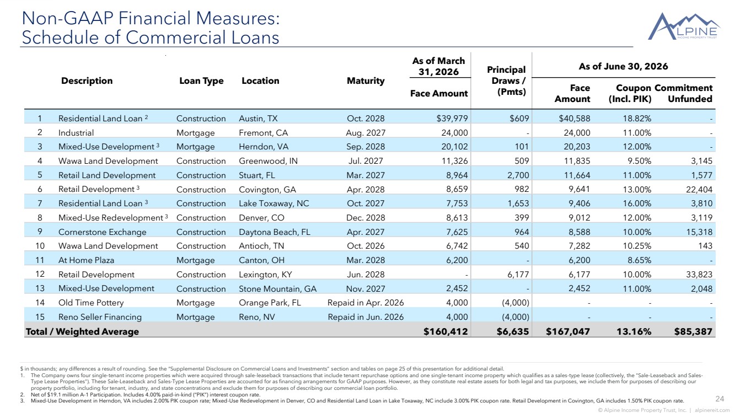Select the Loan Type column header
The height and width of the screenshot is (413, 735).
point(201,81)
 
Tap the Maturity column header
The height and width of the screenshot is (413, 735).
point(366,81)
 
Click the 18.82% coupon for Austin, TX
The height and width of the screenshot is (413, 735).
point(637,119)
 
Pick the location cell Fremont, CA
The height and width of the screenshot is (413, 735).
point(263,133)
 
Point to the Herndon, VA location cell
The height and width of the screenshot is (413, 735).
point(264,147)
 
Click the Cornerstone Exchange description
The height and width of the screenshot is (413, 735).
point(103,232)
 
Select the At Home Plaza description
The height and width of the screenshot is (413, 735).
point(87,260)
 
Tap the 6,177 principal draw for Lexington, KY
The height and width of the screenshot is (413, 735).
point(518,274)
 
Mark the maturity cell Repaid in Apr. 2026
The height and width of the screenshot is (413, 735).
point(366,303)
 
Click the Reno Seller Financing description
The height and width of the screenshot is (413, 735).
point(100,317)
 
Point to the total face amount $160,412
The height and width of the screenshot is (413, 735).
point(446,331)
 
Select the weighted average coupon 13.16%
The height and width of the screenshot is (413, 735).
point(634,331)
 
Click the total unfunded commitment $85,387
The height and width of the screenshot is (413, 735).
point(693,331)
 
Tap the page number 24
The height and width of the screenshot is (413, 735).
point(720,399)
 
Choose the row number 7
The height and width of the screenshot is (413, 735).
point(40,203)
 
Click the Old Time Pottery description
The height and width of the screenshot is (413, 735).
point(91,303)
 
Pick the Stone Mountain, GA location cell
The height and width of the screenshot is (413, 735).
point(277,289)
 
